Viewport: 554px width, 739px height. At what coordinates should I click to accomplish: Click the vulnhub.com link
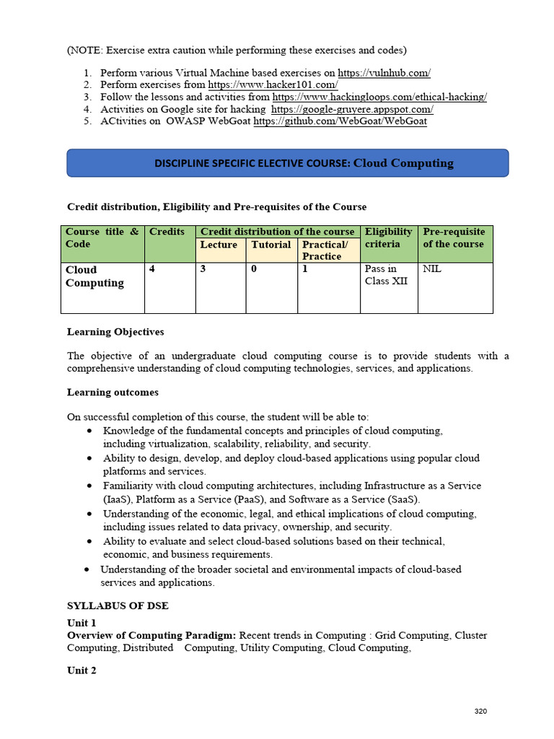pyautogui.click(x=384, y=73)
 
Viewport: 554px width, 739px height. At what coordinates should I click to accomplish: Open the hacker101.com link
pyautogui.click(x=273, y=85)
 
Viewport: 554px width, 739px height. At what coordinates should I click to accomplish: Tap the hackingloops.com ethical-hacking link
pyautogui.click(x=379, y=97)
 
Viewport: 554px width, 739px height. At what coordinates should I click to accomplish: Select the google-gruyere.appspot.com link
pyautogui.click(x=352, y=109)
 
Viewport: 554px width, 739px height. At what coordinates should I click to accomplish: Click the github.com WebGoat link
pyautogui.click(x=340, y=121)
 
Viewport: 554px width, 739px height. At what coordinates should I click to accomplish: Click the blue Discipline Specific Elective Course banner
pyautogui.click(x=288, y=163)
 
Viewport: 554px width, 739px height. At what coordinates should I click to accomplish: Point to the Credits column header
pyautogui.click(x=167, y=232)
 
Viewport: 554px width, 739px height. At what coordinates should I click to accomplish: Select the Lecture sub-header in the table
pyautogui.click(x=219, y=245)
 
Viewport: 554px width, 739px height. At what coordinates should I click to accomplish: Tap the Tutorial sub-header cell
pyautogui.click(x=271, y=245)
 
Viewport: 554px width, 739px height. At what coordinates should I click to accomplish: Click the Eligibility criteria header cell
pyautogui.click(x=389, y=237)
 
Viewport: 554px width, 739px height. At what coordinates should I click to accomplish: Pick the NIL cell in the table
pyautogui.click(x=432, y=269)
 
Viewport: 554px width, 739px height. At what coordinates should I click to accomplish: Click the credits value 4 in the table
pyautogui.click(x=152, y=269)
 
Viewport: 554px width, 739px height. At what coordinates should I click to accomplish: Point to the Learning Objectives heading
pyautogui.click(x=115, y=332)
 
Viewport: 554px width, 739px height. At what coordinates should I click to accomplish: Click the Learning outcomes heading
pyautogui.click(x=113, y=393)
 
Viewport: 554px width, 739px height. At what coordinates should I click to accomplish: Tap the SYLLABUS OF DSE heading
pyautogui.click(x=118, y=605)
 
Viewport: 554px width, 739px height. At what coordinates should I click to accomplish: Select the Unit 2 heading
pyautogui.click(x=82, y=670)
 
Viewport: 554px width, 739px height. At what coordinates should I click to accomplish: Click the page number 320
pyautogui.click(x=480, y=712)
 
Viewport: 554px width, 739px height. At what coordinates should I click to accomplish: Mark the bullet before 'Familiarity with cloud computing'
pyautogui.click(x=88, y=486)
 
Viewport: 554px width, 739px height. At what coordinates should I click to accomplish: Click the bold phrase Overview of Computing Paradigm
pyautogui.click(x=151, y=635)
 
